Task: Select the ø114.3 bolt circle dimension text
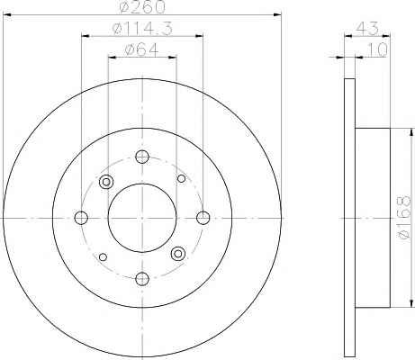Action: [142, 29]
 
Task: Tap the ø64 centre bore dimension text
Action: [142, 49]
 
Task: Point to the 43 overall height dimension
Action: [366, 29]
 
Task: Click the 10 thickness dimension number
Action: [376, 49]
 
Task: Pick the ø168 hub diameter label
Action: [402, 218]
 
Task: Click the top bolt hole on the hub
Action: [142, 157]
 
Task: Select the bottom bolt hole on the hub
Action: [142, 279]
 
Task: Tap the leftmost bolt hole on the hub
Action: [81, 218]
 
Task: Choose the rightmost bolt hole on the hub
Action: [203, 218]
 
